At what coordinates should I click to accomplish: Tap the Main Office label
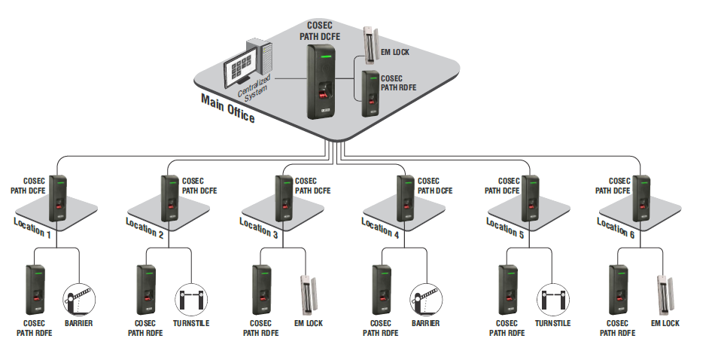click(228, 108)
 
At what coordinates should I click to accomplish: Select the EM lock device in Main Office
click(370, 44)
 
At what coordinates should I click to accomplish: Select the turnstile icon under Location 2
click(190, 299)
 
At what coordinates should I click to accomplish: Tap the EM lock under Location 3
click(308, 294)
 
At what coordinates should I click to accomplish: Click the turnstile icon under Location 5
click(552, 299)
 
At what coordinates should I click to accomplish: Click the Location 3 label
click(259, 228)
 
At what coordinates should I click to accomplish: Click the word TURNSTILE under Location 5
click(552, 323)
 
